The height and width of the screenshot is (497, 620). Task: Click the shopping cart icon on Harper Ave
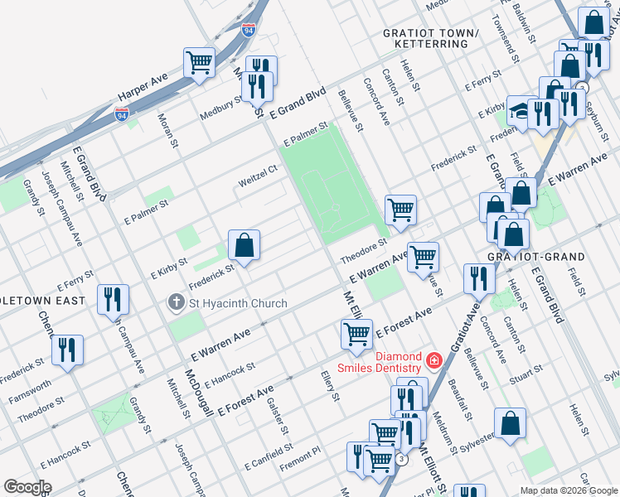tap(199, 61)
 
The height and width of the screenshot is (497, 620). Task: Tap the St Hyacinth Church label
tap(237, 303)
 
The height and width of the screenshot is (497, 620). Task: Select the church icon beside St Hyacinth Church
tap(175, 303)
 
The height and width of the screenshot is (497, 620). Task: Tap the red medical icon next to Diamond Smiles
tap(434, 361)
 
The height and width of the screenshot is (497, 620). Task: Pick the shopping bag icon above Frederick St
tap(244, 245)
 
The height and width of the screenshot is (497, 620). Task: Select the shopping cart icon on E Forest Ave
tap(356, 334)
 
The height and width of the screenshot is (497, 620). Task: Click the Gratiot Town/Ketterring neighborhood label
tap(431, 38)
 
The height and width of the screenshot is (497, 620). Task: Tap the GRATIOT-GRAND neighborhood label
tap(537, 257)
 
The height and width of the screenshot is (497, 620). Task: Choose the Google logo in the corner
tap(27, 487)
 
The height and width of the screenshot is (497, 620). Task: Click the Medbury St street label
tap(221, 108)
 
